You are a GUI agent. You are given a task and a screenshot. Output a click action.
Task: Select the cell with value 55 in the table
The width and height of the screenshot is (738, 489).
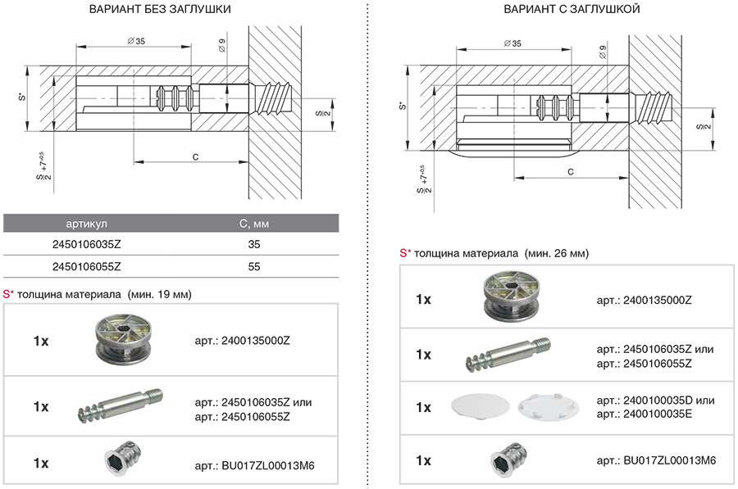pos(253,266)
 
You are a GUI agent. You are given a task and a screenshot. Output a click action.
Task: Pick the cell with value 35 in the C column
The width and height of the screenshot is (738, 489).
pos(253,244)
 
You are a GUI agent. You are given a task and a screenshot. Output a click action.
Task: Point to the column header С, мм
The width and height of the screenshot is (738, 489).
pos(253,223)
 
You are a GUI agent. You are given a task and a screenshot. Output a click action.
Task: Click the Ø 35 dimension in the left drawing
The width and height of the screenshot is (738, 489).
pos(136,41)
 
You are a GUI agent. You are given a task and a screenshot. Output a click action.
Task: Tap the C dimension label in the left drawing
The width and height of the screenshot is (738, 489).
pos(194,155)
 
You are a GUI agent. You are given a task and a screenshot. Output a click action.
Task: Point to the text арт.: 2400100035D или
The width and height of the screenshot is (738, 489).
pos(655,400)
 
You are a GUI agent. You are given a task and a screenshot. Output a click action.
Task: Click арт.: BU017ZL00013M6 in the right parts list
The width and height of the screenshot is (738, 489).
pos(656,460)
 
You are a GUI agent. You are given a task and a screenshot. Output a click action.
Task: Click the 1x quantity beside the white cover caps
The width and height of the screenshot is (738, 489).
pos(423,407)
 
